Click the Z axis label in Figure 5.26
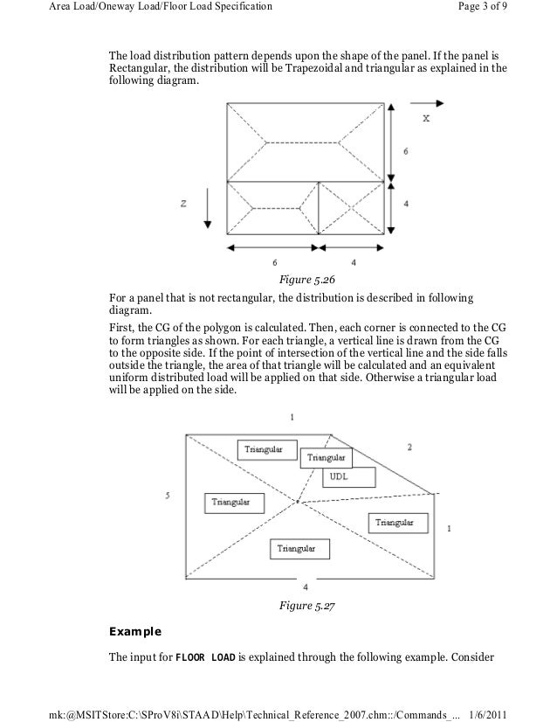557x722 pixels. coord(184,204)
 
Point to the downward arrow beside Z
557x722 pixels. coord(207,209)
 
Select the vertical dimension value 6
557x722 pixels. coord(404,151)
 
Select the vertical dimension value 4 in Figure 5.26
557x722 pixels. coord(404,204)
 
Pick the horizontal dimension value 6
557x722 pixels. coord(275,261)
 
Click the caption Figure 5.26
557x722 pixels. coord(306,280)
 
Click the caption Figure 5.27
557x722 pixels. coord(306,606)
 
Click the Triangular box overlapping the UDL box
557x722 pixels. coord(326,457)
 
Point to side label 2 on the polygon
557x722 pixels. coord(409,448)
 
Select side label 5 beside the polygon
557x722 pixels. coord(167,496)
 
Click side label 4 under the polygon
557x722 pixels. coord(305,587)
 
